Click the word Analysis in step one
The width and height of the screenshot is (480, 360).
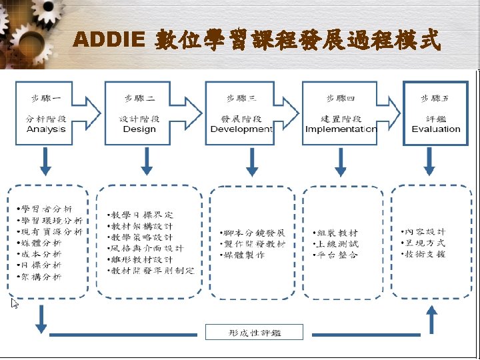[x=46, y=129]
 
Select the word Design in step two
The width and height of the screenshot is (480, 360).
[x=139, y=129]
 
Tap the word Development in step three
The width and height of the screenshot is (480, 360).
[x=241, y=129]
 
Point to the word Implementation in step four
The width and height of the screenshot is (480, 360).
[x=341, y=129]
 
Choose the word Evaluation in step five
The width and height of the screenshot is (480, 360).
[x=436, y=129]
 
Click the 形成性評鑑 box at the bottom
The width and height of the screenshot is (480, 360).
[x=254, y=332]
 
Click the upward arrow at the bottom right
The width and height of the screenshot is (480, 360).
[x=431, y=319]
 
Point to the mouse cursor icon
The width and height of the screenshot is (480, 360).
[x=15, y=304]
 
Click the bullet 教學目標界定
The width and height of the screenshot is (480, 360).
[x=143, y=215]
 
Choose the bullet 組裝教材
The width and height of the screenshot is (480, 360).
[x=338, y=233]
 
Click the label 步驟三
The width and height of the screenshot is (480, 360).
[x=243, y=99]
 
